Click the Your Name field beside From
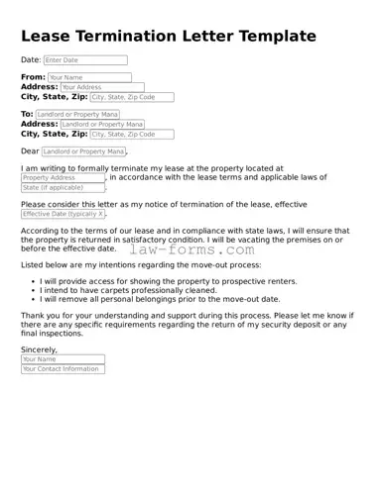click(87, 77)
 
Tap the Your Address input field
click(102, 87)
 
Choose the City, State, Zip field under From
click(132, 98)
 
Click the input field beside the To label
click(77, 114)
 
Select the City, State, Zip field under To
click(132, 135)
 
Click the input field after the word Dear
click(84, 151)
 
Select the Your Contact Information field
click(62, 369)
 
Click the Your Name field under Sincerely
click(49, 359)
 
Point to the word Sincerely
click(40, 349)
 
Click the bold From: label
click(33, 77)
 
